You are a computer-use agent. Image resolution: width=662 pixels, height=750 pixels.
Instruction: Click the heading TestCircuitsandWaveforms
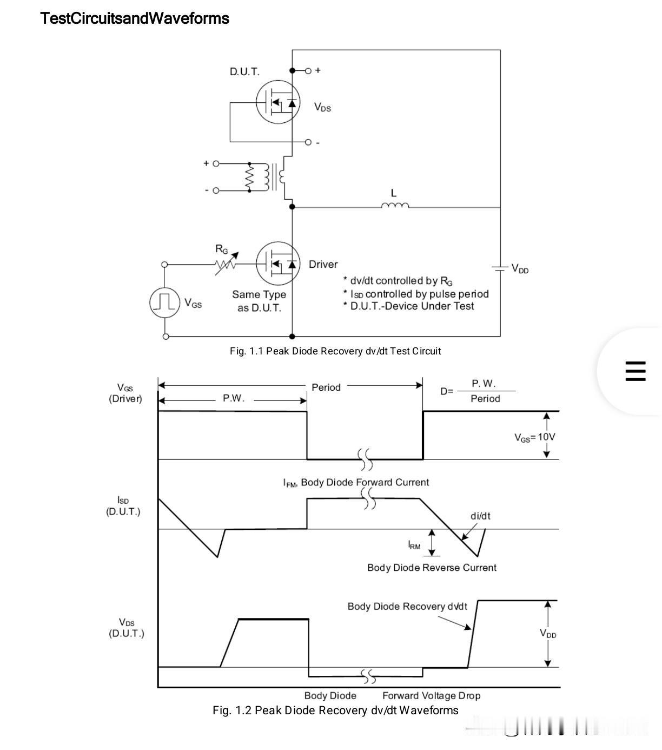[x=135, y=18]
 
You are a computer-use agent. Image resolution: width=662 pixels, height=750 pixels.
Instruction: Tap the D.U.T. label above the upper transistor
[x=244, y=71]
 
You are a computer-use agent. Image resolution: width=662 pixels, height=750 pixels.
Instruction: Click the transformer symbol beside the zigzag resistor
[x=274, y=177]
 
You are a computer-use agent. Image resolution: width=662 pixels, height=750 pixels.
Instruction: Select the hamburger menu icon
[x=635, y=371]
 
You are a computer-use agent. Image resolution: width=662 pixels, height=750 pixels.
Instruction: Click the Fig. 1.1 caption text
[x=335, y=351]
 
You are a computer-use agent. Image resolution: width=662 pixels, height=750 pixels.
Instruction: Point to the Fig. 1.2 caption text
[x=335, y=710]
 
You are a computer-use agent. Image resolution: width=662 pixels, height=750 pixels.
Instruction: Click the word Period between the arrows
[x=326, y=387]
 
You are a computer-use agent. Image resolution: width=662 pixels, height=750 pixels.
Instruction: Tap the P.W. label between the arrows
[x=234, y=398]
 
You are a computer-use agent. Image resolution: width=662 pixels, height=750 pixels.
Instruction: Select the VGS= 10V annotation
[x=535, y=437]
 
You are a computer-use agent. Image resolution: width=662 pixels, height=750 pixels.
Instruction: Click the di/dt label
[x=480, y=516]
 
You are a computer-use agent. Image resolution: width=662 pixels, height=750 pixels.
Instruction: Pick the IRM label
[x=414, y=545]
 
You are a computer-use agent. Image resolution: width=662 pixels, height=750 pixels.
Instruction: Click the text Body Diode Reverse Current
[x=432, y=568]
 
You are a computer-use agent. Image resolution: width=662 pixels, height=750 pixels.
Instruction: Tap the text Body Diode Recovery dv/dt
[x=407, y=607]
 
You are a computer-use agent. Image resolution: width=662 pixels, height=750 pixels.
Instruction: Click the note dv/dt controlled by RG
[x=398, y=281]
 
